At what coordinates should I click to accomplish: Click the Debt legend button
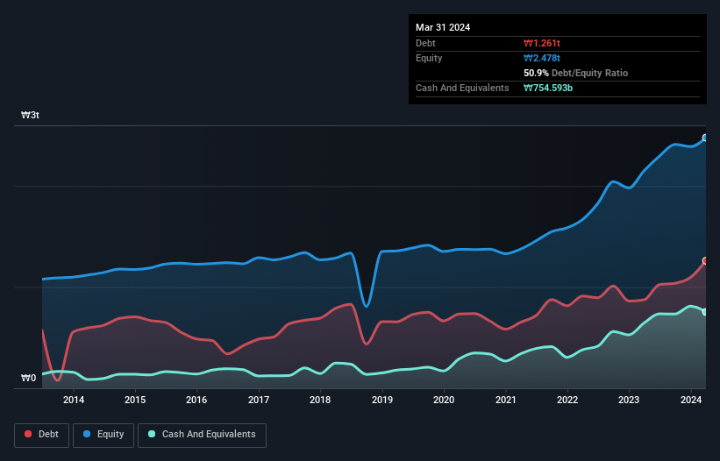(x=41, y=435)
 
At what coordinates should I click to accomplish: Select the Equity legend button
(x=103, y=435)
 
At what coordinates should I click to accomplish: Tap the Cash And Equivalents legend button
(x=202, y=435)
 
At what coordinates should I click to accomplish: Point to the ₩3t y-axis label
(x=30, y=116)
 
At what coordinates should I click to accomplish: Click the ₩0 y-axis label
(x=29, y=379)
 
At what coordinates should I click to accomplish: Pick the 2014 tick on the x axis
(x=74, y=401)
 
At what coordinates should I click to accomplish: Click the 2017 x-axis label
(x=259, y=401)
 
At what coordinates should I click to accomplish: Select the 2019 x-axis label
(x=382, y=401)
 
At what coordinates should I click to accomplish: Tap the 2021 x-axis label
(x=505, y=401)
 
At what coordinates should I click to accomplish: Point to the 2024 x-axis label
(x=691, y=401)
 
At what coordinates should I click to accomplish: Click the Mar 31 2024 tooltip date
(x=443, y=27)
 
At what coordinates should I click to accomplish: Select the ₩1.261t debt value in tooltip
(x=543, y=43)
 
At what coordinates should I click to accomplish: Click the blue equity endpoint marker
(x=704, y=138)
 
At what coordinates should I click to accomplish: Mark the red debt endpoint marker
(x=704, y=261)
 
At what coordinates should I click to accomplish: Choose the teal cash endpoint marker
(x=704, y=312)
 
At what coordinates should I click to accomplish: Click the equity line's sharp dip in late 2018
(x=367, y=306)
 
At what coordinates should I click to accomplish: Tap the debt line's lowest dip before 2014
(x=57, y=379)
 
